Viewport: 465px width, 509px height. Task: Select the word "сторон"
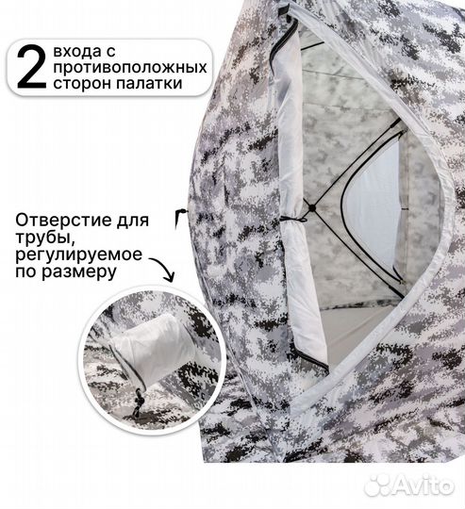click(x=91, y=84)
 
